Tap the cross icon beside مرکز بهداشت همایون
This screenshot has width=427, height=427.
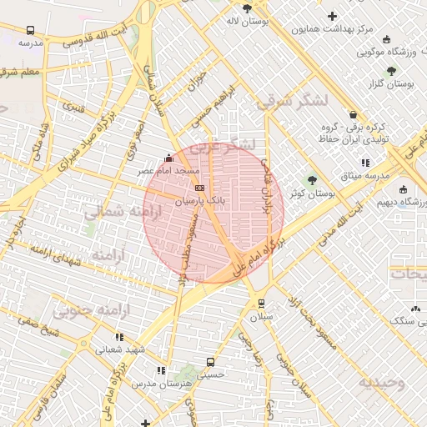pyautogui.click(x=333, y=16)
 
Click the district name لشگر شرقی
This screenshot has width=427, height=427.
pyautogui.click(x=293, y=101)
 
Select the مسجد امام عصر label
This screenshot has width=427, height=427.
pyautogui.click(x=169, y=170)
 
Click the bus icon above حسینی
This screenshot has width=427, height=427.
pyautogui.click(x=210, y=363)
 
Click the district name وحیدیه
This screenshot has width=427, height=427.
pyautogui.click(x=381, y=383)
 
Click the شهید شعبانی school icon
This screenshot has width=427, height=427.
pyautogui.click(x=119, y=337)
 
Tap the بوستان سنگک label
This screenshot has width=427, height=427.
pyautogui.click(x=404, y=320)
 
